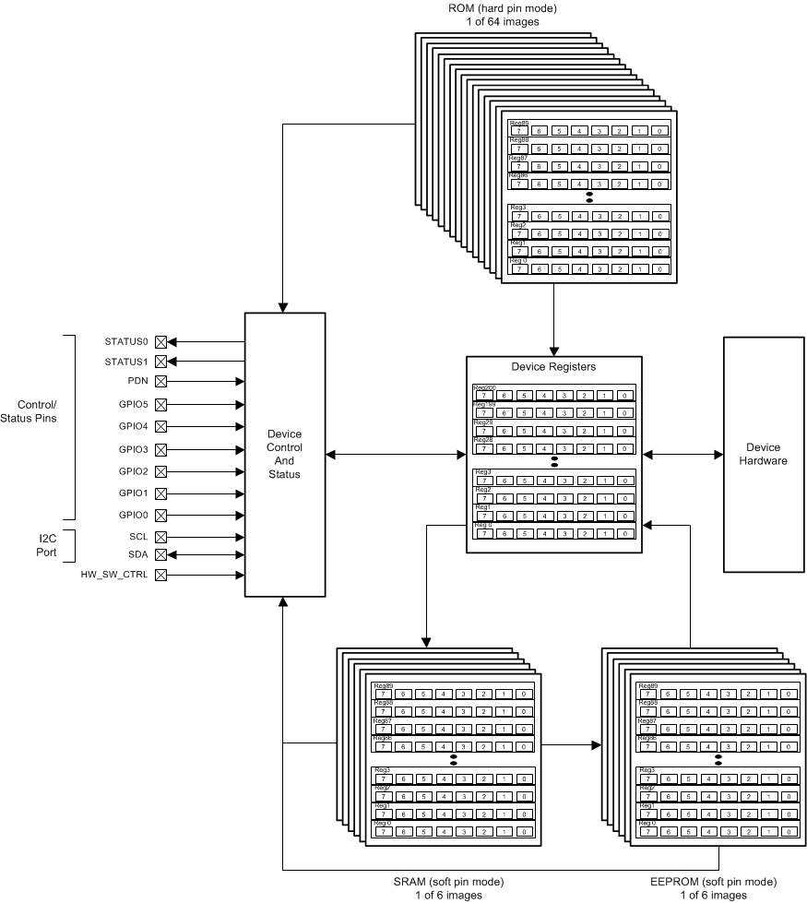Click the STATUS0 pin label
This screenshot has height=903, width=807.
[126, 341]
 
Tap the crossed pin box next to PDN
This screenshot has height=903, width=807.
[160, 380]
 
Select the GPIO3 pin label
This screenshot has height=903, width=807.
[133, 449]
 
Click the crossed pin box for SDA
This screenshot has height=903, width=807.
[160, 554]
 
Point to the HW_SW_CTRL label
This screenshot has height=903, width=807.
[114, 576]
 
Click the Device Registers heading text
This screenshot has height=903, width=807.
[553, 367]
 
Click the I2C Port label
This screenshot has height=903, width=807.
[46, 545]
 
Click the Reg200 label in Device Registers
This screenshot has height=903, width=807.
[484, 387]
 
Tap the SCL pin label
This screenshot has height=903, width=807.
[138, 536]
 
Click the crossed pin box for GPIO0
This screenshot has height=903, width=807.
[160, 515]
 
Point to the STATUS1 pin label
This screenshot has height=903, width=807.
[126, 362]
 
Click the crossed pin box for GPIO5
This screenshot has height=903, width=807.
[160, 403]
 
